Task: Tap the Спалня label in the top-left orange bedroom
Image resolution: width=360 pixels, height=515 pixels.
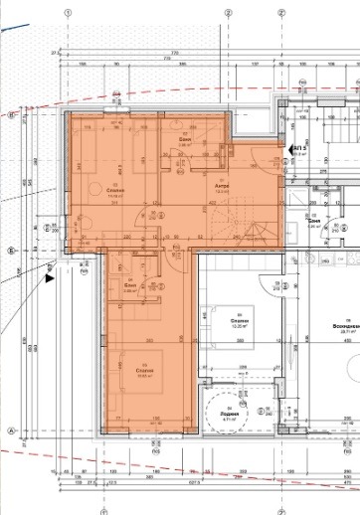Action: [87, 190]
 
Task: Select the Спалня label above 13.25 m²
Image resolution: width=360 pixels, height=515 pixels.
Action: [240, 321]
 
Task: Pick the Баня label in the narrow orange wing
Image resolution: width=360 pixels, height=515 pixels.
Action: [129, 283]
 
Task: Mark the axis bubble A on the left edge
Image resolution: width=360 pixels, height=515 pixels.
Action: [9, 430]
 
